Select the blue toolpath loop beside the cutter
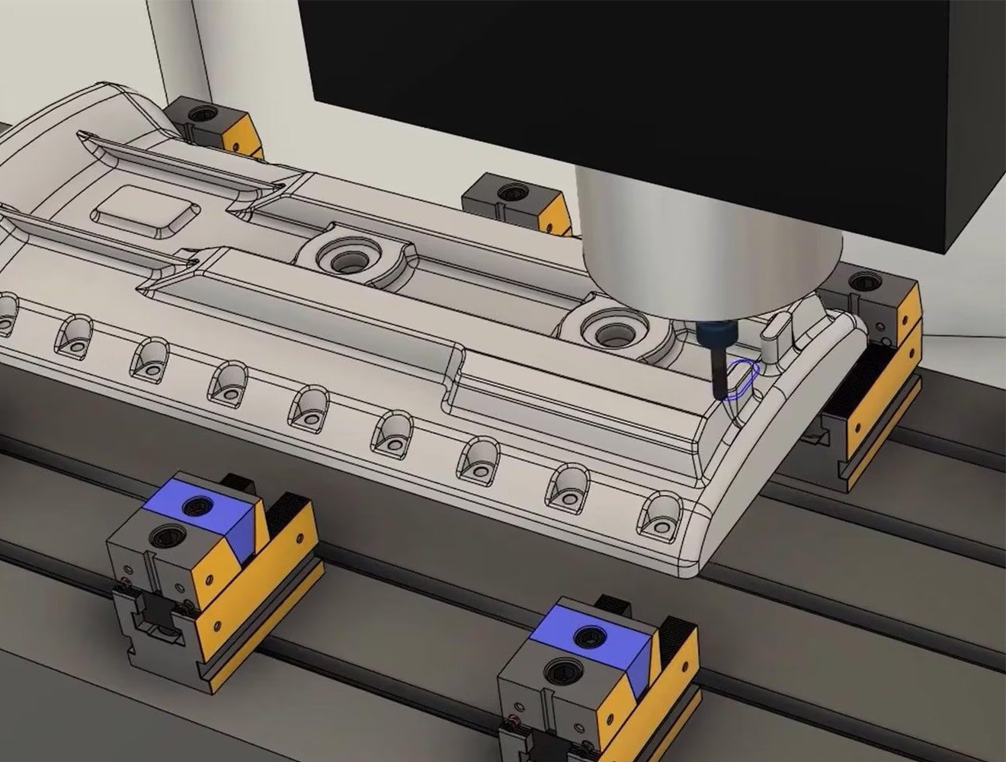pyautogui.click(x=744, y=378)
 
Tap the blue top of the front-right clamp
pyautogui.click(x=591, y=639)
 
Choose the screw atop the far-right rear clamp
pyautogui.click(x=863, y=283)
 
